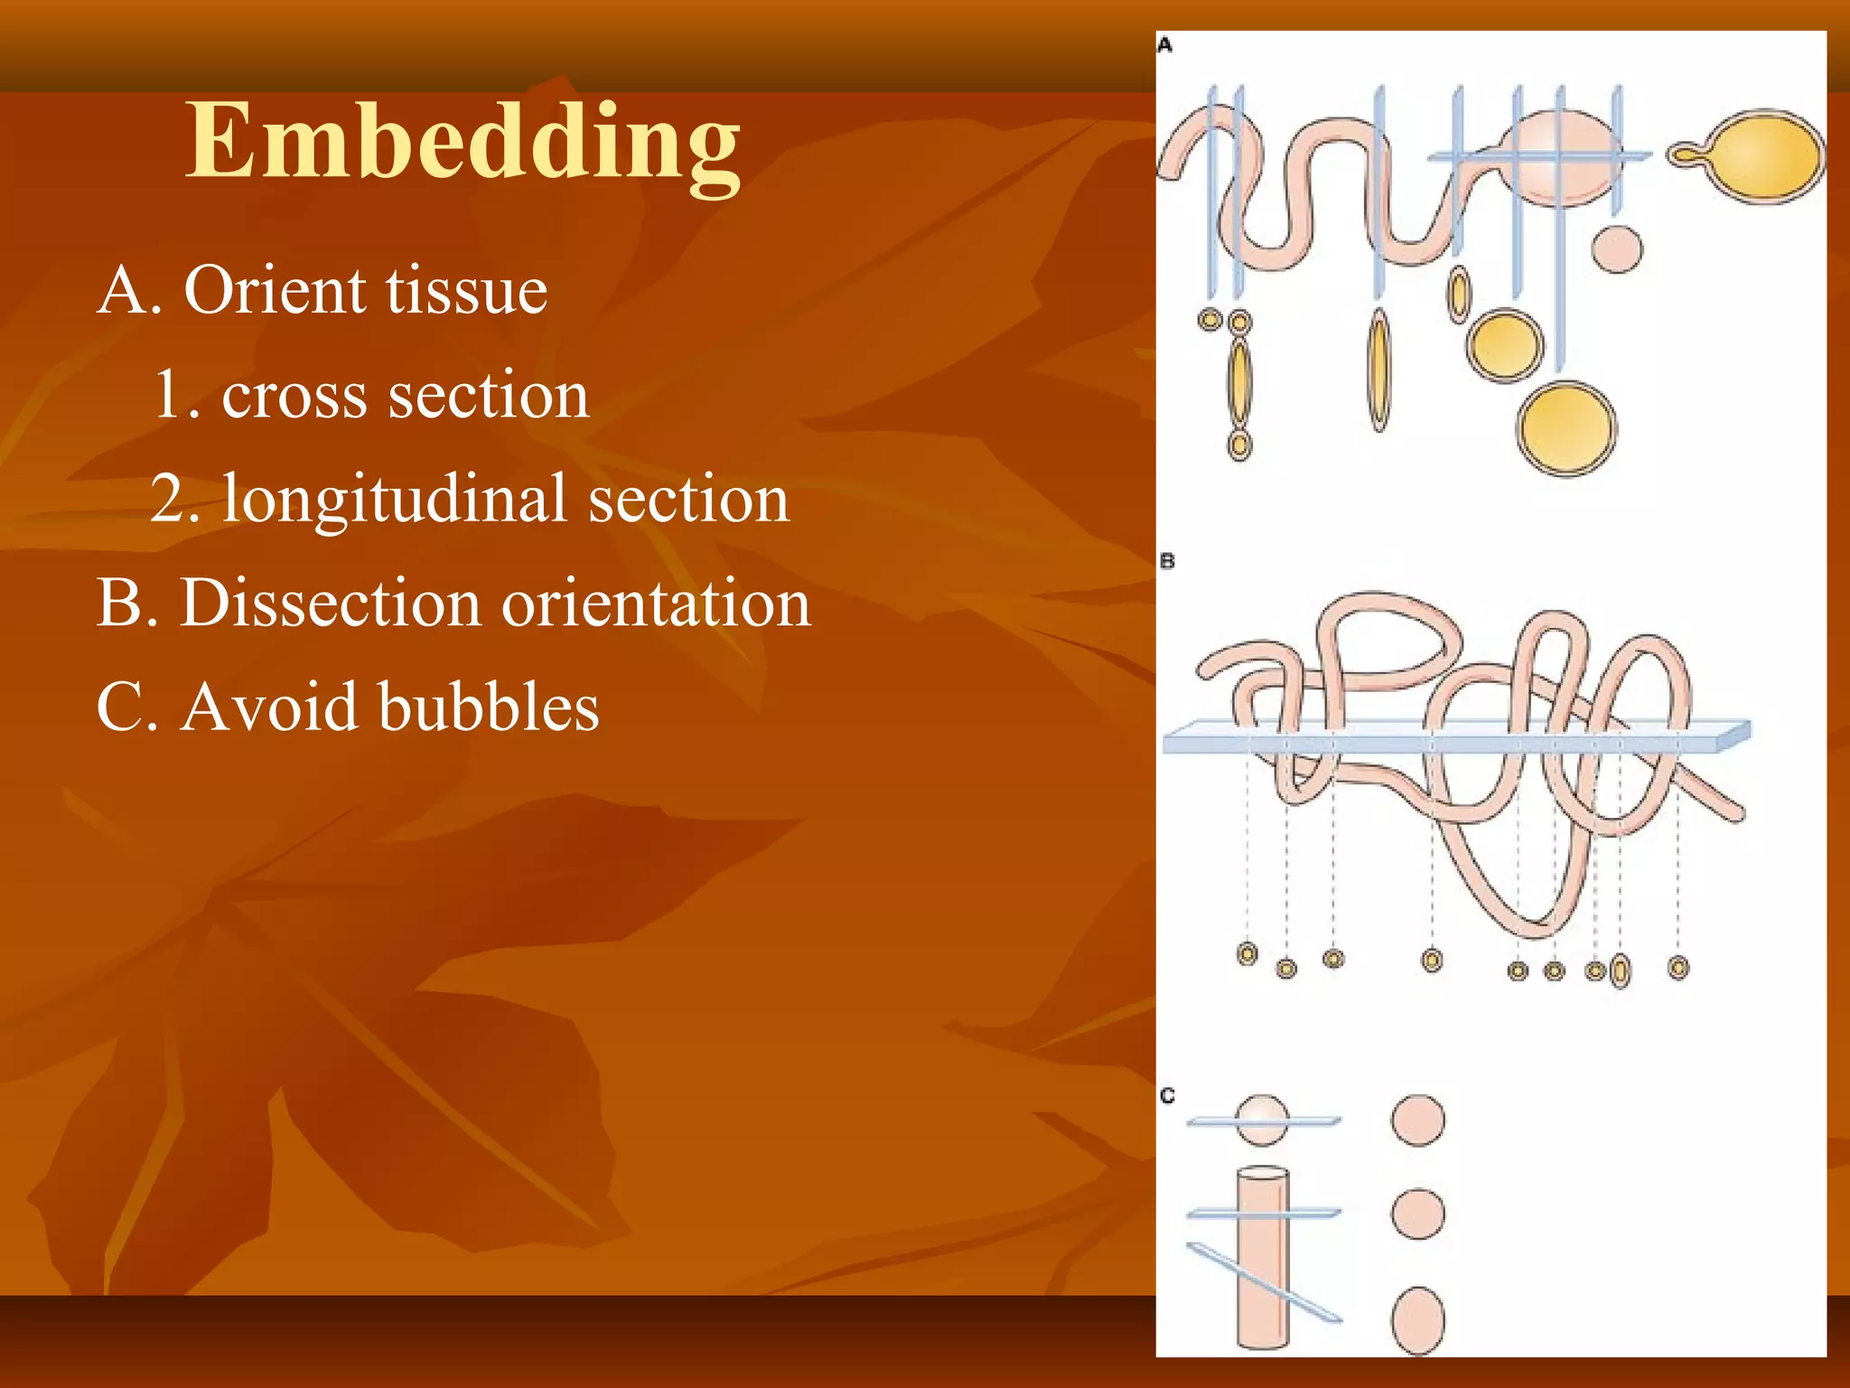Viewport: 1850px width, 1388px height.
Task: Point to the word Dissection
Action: pos(331,603)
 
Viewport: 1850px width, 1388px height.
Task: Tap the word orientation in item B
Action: pos(656,603)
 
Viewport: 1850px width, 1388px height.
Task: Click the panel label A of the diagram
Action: pos(1165,45)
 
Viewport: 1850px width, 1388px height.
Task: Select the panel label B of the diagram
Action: pos(1167,561)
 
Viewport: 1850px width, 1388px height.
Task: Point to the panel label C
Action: pos(1167,1095)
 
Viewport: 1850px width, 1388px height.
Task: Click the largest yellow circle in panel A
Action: pos(1566,429)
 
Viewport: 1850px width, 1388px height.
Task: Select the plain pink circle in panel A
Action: pos(1617,249)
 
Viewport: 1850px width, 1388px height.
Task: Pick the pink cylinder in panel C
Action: pos(1262,1265)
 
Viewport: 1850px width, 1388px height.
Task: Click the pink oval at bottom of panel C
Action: pos(1417,1320)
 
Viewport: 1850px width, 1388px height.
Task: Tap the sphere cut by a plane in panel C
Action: pos(1262,1121)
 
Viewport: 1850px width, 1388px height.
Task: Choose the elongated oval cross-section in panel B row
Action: pos(1621,971)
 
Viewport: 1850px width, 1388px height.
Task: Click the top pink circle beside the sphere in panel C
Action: pos(1417,1121)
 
